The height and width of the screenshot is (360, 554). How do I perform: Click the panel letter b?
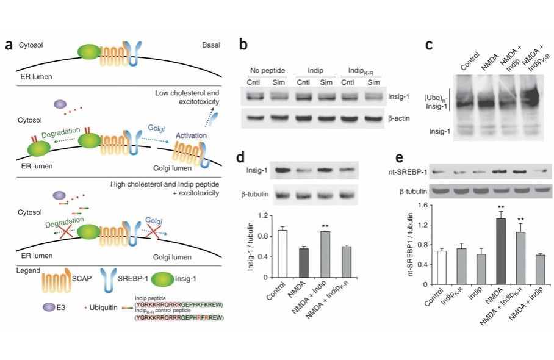(243, 45)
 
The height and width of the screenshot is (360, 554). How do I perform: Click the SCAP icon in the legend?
(56, 282)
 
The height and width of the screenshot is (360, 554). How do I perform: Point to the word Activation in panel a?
(191, 135)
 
